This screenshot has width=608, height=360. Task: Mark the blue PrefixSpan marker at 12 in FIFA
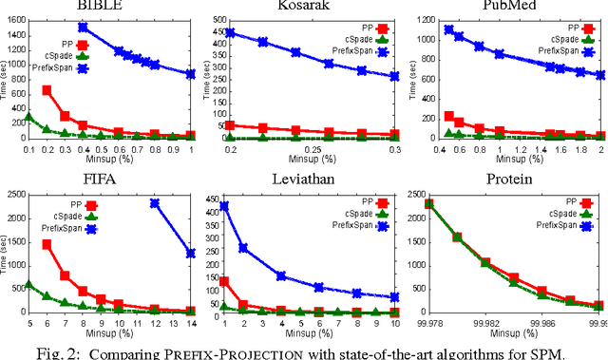point(155,203)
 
